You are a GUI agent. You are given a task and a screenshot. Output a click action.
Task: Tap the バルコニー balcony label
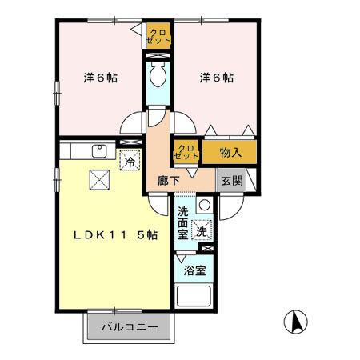pos(130,326)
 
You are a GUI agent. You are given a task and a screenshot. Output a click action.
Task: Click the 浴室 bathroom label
pos(194,270)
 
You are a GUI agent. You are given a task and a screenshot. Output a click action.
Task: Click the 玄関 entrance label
pos(232,180)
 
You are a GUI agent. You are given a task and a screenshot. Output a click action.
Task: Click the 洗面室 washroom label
pos(183,222)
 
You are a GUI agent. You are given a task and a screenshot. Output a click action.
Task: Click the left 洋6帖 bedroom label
pos(102,78)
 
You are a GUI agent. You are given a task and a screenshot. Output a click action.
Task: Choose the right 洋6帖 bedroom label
pos(217,78)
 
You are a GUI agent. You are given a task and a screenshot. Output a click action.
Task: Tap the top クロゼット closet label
pos(158,35)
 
